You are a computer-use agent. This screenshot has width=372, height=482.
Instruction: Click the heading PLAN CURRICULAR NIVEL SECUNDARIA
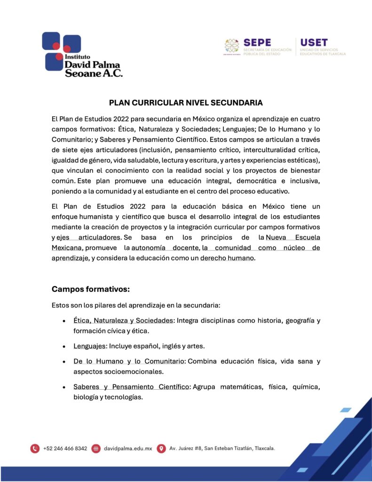[x=186, y=103]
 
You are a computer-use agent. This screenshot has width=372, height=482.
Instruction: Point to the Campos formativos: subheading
[x=90, y=289]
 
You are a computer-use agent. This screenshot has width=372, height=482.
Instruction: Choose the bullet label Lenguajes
[x=89, y=346]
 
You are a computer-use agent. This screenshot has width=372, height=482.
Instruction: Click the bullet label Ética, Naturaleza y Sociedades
[x=123, y=321]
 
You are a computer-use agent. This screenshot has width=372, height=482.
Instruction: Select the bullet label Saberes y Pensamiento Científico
[x=131, y=387]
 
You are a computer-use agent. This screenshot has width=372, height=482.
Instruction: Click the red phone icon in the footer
[x=35, y=449]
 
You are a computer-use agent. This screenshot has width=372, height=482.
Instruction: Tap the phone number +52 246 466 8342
[x=65, y=449]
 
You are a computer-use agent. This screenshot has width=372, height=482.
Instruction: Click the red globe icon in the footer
[x=96, y=449]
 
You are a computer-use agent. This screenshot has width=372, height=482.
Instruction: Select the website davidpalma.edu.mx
[x=128, y=449]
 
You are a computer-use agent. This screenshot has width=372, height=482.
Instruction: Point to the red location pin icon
[x=161, y=449]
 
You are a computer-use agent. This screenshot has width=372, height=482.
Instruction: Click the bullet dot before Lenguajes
[x=63, y=346]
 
